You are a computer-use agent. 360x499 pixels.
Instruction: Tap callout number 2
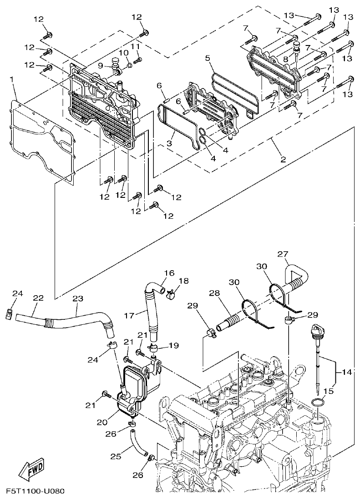(x=283, y=159)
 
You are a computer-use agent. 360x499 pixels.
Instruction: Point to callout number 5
(x=208, y=58)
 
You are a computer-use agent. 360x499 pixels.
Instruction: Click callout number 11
(x=135, y=46)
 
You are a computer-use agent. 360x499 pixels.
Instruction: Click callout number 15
(x=331, y=391)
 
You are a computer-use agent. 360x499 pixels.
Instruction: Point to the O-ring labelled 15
(x=318, y=403)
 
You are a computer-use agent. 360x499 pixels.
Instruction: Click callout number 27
(x=283, y=254)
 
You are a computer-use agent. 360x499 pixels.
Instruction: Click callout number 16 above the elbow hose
(x=169, y=273)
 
